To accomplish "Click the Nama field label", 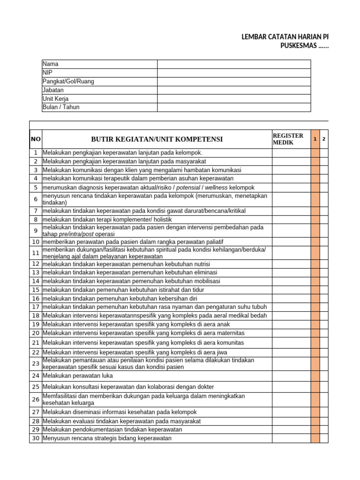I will point(51,64).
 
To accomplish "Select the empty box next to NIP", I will point(233,73).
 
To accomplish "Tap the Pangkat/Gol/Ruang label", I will point(68,81).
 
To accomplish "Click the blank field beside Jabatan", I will point(233,90).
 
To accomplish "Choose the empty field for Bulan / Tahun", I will point(233,107).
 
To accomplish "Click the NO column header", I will point(36,139).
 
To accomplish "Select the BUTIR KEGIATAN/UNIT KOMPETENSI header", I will point(157,139).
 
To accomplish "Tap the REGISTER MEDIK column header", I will point(288,139).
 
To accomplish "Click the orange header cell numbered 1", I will point(315,139).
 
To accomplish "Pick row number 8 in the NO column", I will point(36,219).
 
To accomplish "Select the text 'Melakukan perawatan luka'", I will point(78,375).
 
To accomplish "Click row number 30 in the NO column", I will point(36,438).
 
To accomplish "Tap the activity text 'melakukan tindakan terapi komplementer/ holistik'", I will point(107,219).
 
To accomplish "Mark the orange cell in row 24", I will point(315,375).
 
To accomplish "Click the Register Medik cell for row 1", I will point(291,153).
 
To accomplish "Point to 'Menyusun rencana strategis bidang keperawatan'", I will point(107,438).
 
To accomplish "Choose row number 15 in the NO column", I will point(36,290).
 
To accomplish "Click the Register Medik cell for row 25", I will point(291,387).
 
